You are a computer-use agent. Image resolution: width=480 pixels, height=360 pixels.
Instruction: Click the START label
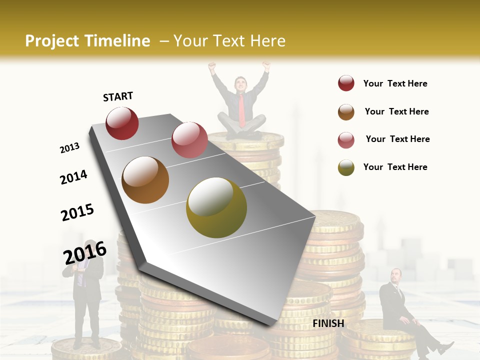pos(118,96)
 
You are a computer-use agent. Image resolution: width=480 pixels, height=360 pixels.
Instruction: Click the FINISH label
pos(328,323)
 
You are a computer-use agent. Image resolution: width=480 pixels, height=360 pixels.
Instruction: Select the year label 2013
pos(69,148)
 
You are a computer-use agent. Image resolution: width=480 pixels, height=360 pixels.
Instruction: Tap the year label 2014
pos(73,177)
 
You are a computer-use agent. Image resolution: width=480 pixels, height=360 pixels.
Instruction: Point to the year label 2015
pos(77,212)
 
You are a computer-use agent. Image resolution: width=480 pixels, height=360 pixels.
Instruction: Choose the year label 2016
pos(85,252)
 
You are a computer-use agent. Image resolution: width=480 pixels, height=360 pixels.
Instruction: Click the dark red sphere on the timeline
pos(122,123)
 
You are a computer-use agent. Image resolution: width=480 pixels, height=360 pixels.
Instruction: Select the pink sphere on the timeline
pos(189,140)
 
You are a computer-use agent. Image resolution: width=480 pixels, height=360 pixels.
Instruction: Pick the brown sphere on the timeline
pos(145,180)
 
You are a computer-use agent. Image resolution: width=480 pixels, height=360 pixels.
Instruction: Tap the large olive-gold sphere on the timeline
pos(216,207)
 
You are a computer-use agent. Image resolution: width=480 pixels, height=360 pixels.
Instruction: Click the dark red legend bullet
pos(346,83)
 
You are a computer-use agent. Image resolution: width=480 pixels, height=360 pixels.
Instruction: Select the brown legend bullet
pos(346,111)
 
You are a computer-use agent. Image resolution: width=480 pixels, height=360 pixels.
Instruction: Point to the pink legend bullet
pos(346,139)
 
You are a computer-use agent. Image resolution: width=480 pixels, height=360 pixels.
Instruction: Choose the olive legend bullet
pos(346,167)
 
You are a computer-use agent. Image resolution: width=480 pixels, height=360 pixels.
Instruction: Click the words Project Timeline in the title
pos(87,41)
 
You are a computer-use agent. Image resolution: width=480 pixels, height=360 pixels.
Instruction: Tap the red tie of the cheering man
pos(242,110)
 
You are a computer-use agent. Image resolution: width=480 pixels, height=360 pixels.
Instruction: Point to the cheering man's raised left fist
pos(212,65)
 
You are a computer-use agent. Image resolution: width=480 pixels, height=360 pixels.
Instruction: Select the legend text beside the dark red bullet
pos(395,83)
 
